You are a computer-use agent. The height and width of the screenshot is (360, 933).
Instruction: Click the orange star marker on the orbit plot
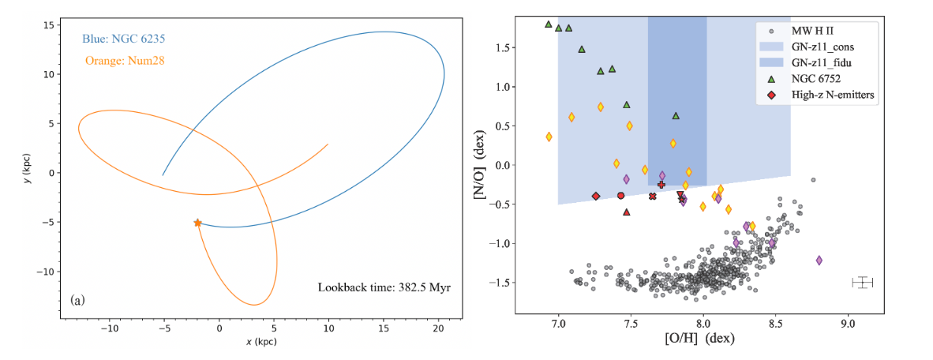(197, 223)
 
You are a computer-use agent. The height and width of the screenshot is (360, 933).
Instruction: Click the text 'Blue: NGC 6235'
(122, 38)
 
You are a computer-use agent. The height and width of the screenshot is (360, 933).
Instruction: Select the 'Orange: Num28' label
(118, 60)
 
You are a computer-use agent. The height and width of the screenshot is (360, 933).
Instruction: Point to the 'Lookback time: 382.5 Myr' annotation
(384, 287)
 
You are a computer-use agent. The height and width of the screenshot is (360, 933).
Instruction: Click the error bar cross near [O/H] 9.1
(863, 283)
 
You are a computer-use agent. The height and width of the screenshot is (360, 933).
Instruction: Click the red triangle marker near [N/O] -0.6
(627, 212)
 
